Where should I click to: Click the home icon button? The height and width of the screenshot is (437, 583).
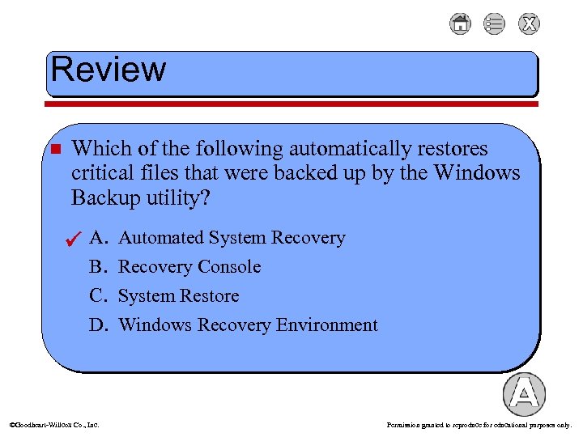click(x=460, y=24)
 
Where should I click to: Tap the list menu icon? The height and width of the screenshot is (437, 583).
click(x=494, y=24)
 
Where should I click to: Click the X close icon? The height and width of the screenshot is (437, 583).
click(x=529, y=24)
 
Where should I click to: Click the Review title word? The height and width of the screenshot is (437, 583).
click(x=108, y=70)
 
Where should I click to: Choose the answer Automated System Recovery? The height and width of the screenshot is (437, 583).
click(x=232, y=238)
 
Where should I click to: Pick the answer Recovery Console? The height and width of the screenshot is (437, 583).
click(x=189, y=267)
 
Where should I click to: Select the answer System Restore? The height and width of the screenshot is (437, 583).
click(x=178, y=296)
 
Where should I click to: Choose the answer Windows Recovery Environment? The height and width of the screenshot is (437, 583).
click(x=248, y=325)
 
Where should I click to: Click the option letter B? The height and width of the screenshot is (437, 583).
click(x=98, y=267)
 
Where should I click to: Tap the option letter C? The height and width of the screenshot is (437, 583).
click(x=98, y=296)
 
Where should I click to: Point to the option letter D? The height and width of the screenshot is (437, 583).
click(x=98, y=325)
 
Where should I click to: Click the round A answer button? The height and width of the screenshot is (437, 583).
click(x=524, y=394)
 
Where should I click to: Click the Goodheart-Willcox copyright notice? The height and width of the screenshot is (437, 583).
click(x=54, y=424)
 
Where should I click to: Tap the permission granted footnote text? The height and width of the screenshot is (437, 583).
click(x=479, y=424)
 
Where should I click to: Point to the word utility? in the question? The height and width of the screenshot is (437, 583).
click(x=174, y=197)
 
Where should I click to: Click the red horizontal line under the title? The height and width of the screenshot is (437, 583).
click(x=291, y=104)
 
